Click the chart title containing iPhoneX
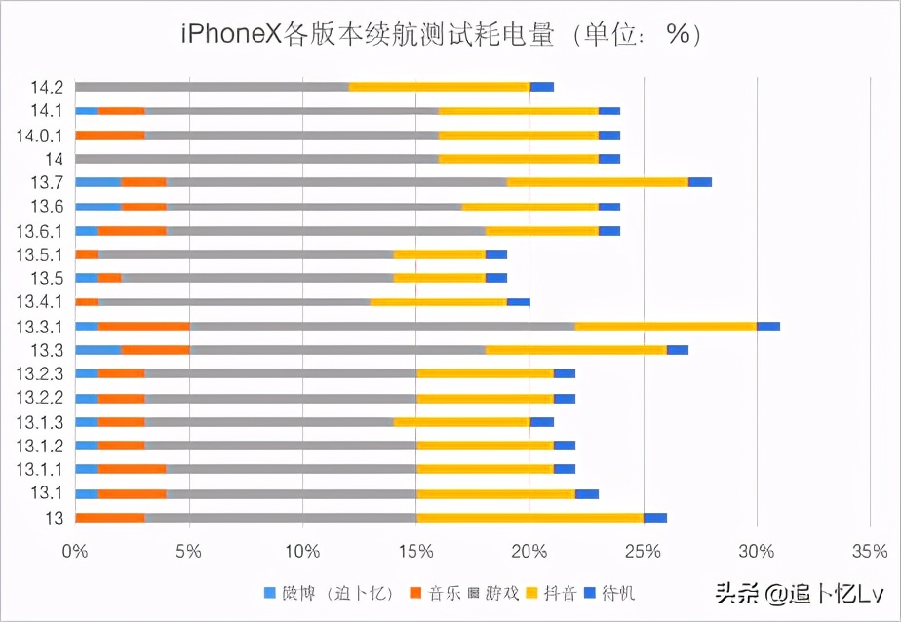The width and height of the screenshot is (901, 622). coord(442,34)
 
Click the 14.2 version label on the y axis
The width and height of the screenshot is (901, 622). coord(47,87)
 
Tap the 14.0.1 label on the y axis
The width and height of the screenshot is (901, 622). coord(41,135)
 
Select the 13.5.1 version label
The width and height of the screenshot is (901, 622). coord(41,254)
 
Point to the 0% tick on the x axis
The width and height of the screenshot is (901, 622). coord(75,551)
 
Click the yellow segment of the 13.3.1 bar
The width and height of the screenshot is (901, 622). coord(665,327)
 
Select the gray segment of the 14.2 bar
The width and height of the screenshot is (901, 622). coord(212,87)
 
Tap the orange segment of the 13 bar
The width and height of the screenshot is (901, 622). coord(109,518)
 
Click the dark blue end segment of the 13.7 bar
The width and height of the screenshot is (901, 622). coord(700,182)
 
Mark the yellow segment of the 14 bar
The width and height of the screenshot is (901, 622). coord(518,159)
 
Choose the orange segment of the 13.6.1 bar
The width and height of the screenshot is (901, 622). coord(132,231)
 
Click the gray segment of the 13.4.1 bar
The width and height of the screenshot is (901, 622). coord(234,302)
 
